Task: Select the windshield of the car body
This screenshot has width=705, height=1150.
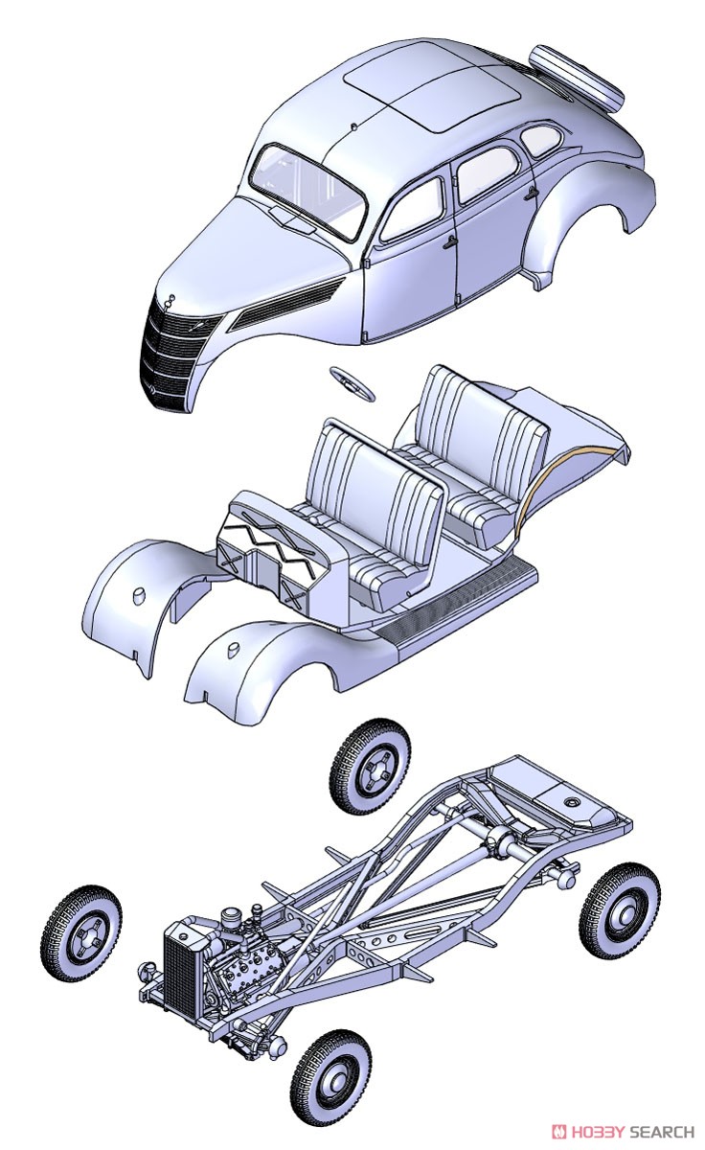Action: (307, 191)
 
